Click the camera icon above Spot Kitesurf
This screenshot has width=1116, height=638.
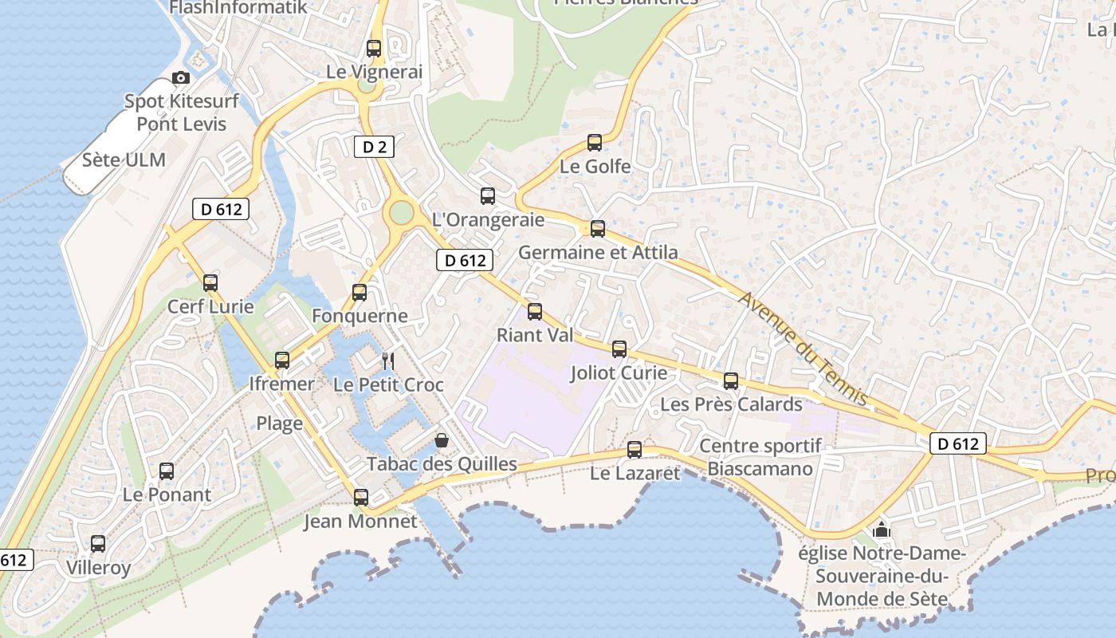coord(181,77)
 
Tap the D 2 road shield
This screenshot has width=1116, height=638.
coord(374,146)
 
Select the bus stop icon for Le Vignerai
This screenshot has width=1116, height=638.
coord(374,48)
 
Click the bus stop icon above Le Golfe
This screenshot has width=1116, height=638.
coord(595,143)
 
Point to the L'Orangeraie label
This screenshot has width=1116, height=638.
coord(488,219)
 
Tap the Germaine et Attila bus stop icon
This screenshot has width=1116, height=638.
coord(598,229)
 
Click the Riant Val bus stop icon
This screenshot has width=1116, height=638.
coord(535,311)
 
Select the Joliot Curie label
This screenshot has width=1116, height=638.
coord(619,372)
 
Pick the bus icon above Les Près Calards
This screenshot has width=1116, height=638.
coord(731,381)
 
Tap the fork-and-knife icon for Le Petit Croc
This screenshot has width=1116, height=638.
coord(388,360)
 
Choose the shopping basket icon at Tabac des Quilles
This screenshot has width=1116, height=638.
coord(442,440)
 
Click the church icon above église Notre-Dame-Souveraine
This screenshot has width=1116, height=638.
coord(882,529)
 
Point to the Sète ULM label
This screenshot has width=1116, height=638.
coord(124,159)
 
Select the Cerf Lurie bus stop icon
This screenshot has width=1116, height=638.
coord(210,282)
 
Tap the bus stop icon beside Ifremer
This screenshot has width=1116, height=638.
coord(282,360)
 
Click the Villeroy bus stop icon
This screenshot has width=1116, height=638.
coord(98,544)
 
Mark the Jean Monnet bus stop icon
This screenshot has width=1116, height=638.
coord(361,498)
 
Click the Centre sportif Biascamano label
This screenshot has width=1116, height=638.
coord(760,457)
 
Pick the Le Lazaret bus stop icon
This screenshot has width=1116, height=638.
coord(635,450)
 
